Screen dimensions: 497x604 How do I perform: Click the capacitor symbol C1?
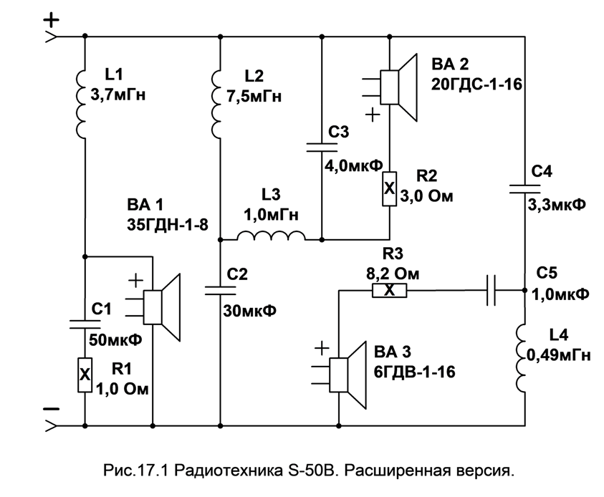85,324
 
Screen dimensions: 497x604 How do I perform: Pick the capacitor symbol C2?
219,291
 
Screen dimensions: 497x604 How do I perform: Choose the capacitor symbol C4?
524,188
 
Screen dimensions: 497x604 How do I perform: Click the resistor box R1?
85,373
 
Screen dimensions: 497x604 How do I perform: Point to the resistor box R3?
388,291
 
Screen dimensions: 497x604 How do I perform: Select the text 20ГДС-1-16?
475,84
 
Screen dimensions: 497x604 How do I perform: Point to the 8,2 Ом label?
391,274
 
